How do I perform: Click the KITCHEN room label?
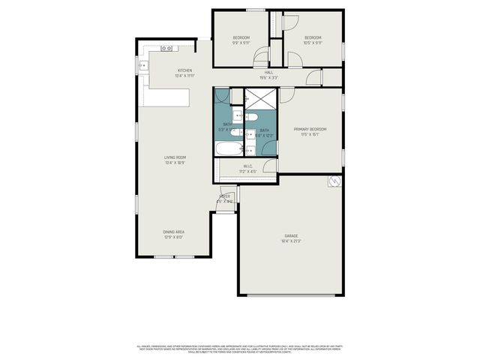click(184, 73)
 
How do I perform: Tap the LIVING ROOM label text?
click(175, 160)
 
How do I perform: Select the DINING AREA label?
click(173, 235)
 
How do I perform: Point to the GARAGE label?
click(291, 238)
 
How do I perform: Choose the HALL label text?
click(268, 75)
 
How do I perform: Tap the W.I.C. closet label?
click(247, 169)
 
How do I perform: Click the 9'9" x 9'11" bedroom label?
click(241, 40)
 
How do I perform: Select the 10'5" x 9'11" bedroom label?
click(313, 40)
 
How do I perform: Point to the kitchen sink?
click(142, 66)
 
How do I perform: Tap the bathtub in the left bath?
click(226, 148)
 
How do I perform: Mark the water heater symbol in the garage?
click(334, 181)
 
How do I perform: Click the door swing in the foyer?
click(226, 193)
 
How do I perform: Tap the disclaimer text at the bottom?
click(240, 349)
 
